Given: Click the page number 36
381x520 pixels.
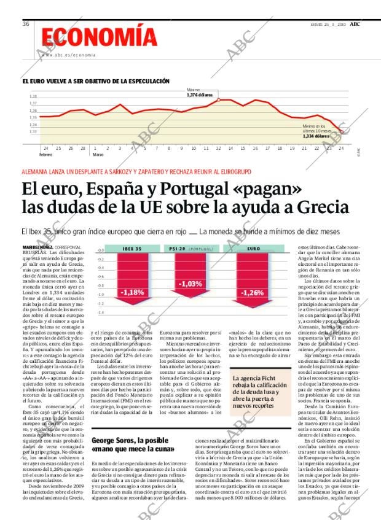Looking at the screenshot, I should tap(26, 24).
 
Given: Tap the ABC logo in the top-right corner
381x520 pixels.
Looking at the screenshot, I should tap(355, 23).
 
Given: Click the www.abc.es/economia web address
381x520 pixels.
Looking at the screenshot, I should tap(69, 55).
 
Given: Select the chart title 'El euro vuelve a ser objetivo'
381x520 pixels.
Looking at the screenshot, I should tap(96, 81).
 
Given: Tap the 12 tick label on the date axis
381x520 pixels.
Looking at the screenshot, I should tap(218, 148).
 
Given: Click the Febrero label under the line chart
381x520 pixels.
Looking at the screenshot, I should tap(45, 154).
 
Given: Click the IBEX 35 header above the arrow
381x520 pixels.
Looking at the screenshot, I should tap(132, 249).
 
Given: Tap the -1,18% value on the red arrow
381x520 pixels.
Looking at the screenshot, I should tap(132, 292).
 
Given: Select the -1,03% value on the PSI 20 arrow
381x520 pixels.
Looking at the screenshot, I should tap(190, 284).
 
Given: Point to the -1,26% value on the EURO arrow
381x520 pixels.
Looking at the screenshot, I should tap(252, 293).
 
